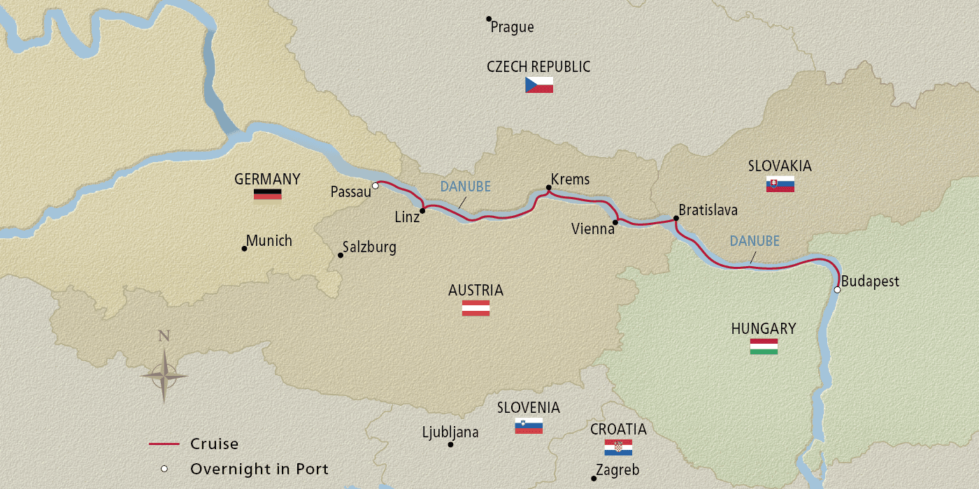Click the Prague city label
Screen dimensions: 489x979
[512, 27]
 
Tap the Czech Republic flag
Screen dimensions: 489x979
[539, 85]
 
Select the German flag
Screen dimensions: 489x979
[267, 194]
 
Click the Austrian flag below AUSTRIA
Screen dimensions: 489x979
[476, 308]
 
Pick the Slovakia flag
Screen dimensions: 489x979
[780, 184]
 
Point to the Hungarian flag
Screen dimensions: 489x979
[764, 346]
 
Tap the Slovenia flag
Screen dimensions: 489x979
[529, 425]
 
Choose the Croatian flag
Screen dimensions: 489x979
[618, 447]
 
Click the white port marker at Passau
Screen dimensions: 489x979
[376, 186]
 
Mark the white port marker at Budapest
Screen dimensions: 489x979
[837, 289]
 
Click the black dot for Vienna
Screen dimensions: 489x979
[615, 223]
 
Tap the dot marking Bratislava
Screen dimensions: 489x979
[676, 219]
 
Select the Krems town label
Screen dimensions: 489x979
[570, 180]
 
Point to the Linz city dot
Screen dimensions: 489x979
[422, 210]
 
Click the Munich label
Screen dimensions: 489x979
[270, 241]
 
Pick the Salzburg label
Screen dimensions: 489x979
[369, 247]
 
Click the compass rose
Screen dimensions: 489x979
[164, 375]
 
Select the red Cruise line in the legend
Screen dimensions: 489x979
[165, 444]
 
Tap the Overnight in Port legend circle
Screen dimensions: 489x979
[164, 469]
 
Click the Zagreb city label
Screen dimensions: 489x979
[617, 471]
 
